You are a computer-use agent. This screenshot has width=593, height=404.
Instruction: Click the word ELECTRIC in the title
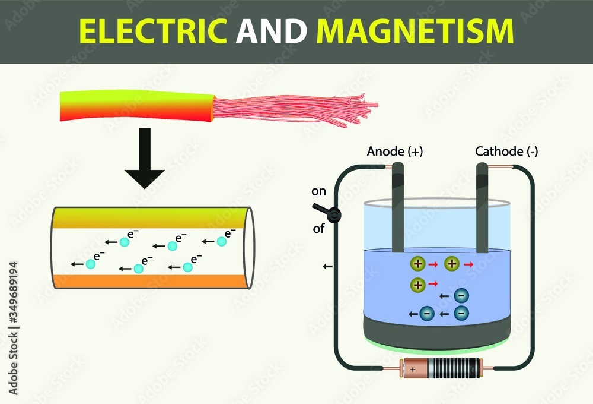coord(152,31)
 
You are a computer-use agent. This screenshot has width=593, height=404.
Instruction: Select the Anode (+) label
coord(395,151)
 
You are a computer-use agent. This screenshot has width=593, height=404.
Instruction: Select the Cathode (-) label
coord(506,151)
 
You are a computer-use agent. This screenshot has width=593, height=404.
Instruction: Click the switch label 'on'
coord(318,191)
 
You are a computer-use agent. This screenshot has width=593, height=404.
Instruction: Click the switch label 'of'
coord(318,228)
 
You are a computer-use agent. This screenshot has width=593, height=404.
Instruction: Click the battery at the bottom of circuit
coord(441,369)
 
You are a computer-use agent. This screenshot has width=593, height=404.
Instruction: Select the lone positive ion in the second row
coord(417,285)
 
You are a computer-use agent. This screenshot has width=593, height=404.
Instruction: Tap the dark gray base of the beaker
coord(436,333)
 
